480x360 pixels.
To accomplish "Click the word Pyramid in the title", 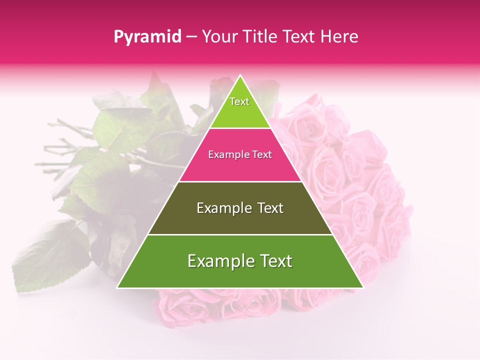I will coord(147,37).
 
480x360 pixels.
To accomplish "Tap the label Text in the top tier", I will coord(239,101).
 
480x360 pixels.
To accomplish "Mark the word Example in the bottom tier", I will coord(218,261).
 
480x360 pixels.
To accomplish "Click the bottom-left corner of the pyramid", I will coord(118,287).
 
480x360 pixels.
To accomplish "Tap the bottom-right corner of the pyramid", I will coord(362,287).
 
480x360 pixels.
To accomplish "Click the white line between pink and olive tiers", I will coord(240,181).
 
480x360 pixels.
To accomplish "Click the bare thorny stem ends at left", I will coord(55,145).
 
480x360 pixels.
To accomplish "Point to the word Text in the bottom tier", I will coord(273,261).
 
